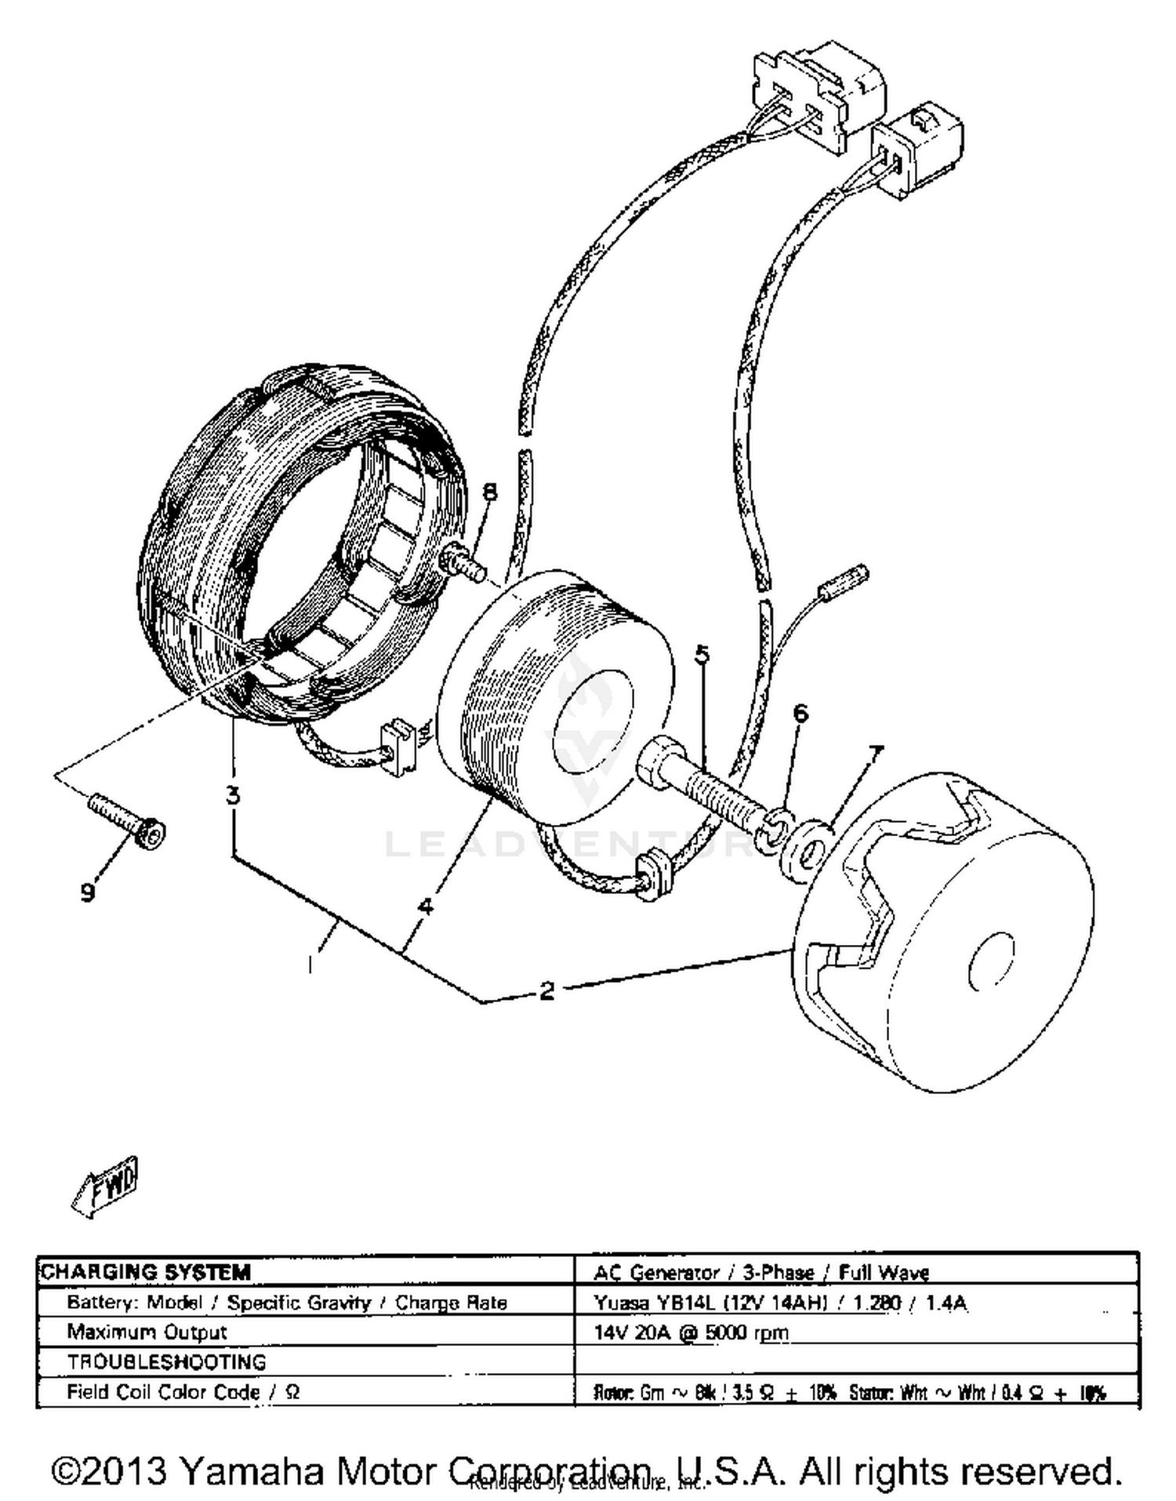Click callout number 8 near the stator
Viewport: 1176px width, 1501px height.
(489, 492)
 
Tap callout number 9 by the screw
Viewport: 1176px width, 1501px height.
(88, 892)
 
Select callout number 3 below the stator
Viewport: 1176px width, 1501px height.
(233, 795)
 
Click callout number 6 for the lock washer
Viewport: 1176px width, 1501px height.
(800, 713)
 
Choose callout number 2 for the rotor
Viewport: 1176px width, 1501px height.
(546, 990)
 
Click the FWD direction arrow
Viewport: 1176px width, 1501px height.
(104, 1186)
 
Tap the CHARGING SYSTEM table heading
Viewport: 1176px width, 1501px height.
(147, 1272)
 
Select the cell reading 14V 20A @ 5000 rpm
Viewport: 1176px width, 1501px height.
(691, 1332)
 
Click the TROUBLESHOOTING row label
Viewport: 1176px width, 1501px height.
(166, 1362)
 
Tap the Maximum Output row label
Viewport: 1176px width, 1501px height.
(147, 1332)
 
